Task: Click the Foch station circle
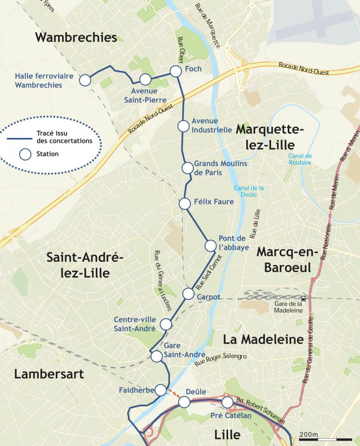(x=175, y=71)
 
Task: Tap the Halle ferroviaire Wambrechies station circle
(x=85, y=80)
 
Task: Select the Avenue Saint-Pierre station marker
(x=145, y=80)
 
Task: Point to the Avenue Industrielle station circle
(x=183, y=126)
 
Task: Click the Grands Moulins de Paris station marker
(x=187, y=168)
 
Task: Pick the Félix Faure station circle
(x=184, y=204)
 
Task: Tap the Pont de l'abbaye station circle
(x=210, y=246)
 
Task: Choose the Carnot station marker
(x=189, y=294)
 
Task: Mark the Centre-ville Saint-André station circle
(x=166, y=324)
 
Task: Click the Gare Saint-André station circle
(x=156, y=356)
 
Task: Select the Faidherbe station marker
(x=160, y=390)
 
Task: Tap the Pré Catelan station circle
(x=227, y=402)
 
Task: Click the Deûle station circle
(x=184, y=402)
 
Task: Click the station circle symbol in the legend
(x=25, y=154)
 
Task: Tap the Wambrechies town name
(x=76, y=37)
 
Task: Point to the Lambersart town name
(x=49, y=374)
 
